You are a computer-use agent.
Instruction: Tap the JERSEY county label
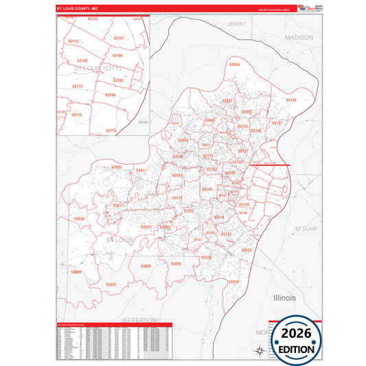point(236,24)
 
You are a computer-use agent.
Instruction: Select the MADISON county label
point(299,37)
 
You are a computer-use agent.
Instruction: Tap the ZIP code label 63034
point(234,65)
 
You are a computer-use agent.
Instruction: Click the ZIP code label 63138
point(290,100)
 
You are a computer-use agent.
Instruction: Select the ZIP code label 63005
point(116,167)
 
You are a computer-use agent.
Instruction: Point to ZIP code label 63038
point(79,219)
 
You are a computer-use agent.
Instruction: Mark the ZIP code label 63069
point(76,273)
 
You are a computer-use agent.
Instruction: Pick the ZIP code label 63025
point(111,284)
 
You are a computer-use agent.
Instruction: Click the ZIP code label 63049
point(145,266)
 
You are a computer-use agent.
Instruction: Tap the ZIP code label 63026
point(176,264)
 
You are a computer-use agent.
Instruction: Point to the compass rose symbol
point(260,351)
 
